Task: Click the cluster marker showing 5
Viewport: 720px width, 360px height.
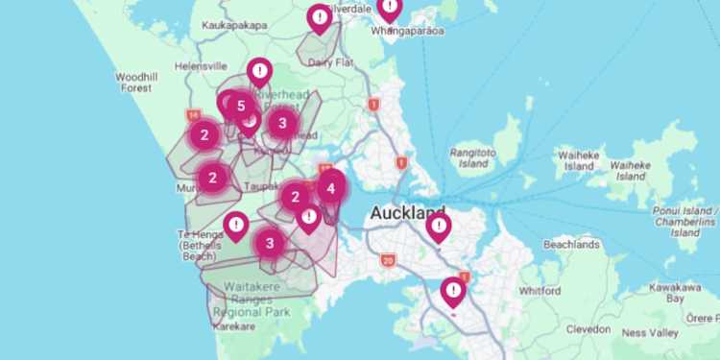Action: click(x=240, y=106)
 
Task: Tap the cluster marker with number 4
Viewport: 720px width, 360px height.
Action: click(x=331, y=188)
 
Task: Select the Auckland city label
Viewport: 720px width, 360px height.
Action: click(x=408, y=212)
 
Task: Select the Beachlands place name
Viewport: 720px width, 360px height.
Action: click(x=571, y=245)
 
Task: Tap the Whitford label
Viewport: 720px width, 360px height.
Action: click(x=540, y=290)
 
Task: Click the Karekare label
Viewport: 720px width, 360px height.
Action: click(x=233, y=326)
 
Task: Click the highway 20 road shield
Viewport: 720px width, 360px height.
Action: click(x=388, y=260)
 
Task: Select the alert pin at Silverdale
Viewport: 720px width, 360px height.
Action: click(x=320, y=17)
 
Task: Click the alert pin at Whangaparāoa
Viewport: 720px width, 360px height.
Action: click(x=389, y=9)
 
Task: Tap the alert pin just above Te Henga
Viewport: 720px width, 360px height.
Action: click(x=236, y=226)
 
